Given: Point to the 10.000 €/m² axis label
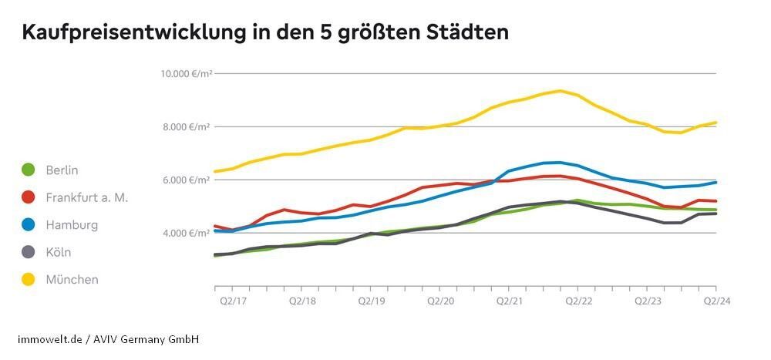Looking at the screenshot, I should point(186,74).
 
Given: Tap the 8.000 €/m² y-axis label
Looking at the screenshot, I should point(187,127).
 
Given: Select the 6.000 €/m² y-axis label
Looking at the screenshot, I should point(187,180).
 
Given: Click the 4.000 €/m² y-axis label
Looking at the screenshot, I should point(187,234).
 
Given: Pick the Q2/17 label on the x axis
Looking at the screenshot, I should point(227,301).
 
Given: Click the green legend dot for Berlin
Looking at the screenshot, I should point(29,170).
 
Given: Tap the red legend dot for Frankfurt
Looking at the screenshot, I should point(29,197).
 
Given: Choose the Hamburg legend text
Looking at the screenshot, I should point(72,225).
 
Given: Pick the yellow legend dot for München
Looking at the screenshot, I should point(29,280).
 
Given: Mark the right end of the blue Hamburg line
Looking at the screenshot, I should point(716,182).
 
